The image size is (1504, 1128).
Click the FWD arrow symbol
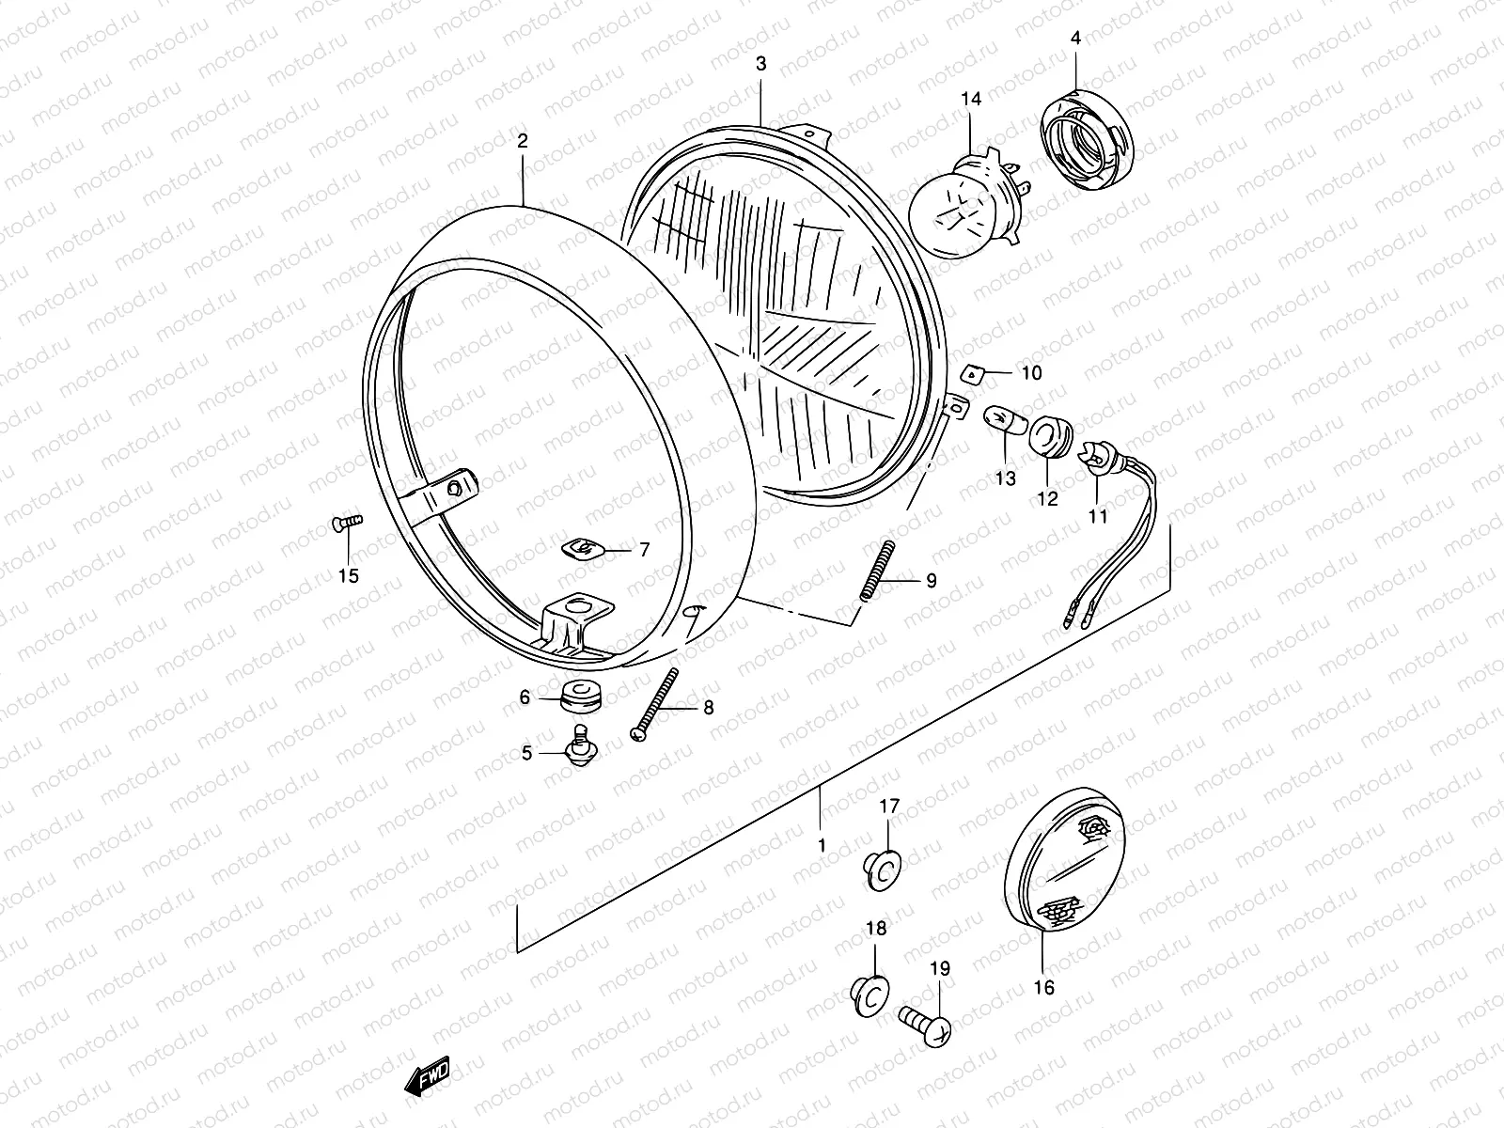click(x=428, y=1075)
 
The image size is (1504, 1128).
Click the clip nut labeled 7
click(x=580, y=547)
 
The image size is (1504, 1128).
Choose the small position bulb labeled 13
click(x=998, y=421)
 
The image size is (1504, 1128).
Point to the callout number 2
click(x=523, y=141)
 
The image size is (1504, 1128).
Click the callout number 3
click(x=761, y=64)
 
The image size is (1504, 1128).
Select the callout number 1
click(x=822, y=845)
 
